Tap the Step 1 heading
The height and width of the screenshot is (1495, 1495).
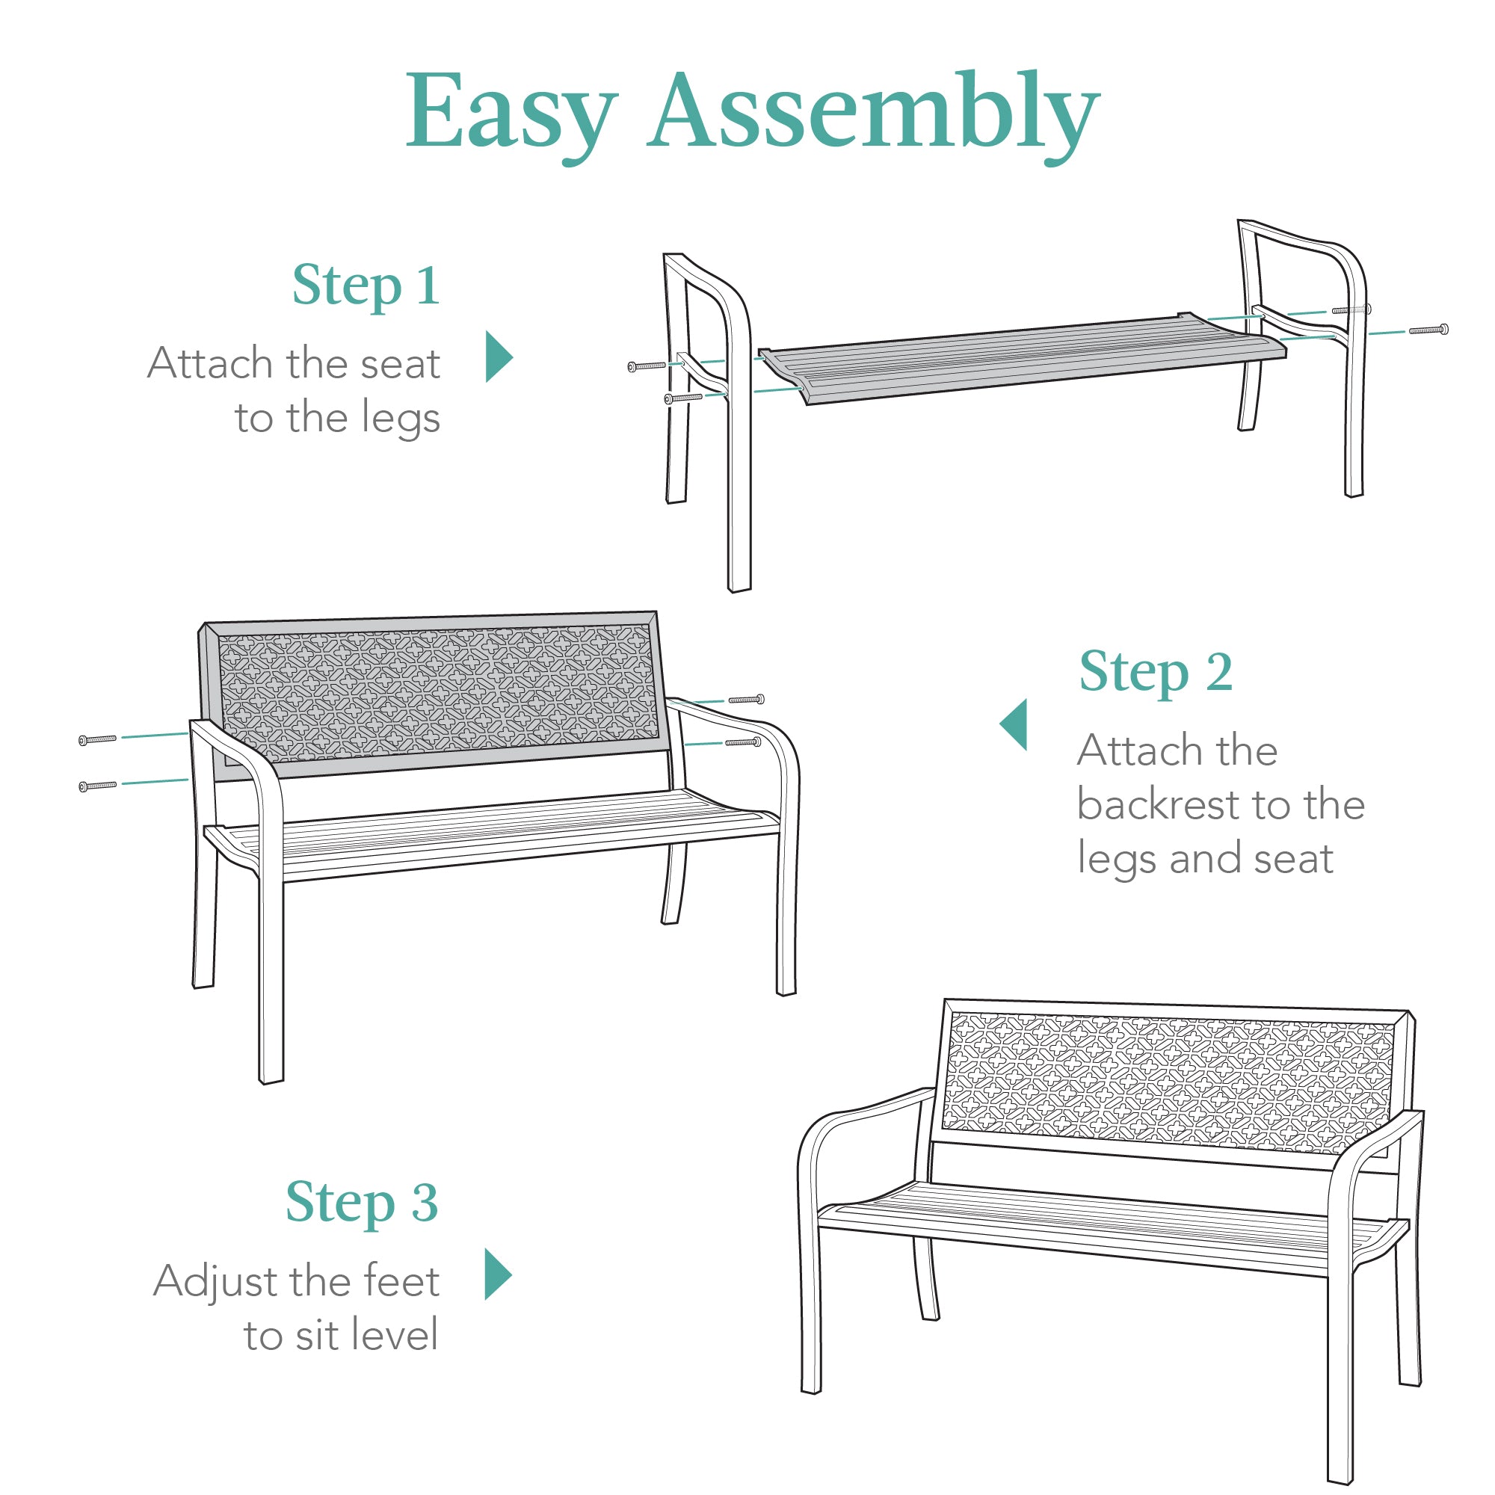pos(366,286)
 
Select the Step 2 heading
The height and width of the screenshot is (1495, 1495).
pos(1156,672)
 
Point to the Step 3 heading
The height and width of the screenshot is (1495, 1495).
pos(361,1203)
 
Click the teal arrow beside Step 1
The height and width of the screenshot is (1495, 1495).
pos(499,357)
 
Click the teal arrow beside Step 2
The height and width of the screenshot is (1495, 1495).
pos(1014,724)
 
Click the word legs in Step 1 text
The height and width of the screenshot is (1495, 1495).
pos(400,419)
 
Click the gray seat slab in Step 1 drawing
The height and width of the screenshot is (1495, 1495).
pos(1021,356)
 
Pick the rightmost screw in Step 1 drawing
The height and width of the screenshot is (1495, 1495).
pos(1428,330)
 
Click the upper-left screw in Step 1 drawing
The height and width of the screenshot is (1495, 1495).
pos(647,366)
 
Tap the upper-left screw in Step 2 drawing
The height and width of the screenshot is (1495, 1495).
pos(97,740)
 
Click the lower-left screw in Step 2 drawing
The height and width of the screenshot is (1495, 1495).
pos(97,786)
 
